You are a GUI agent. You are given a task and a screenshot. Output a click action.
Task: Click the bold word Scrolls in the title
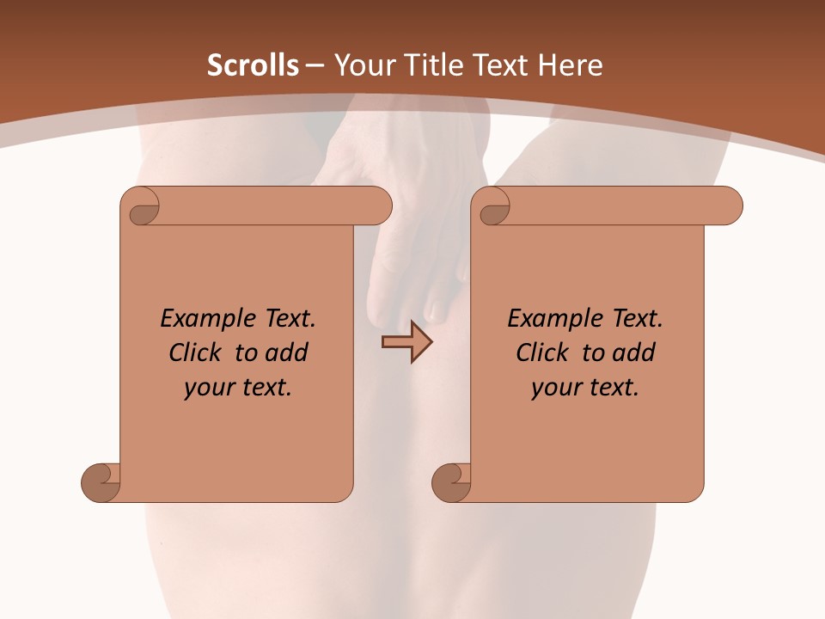click(x=254, y=65)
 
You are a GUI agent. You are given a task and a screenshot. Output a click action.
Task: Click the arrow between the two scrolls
click(x=406, y=342)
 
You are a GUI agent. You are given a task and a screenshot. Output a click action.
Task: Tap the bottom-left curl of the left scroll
click(x=101, y=481)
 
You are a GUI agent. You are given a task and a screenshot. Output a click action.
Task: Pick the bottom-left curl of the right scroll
click(x=450, y=481)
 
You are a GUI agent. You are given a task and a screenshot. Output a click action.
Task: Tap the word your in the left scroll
click(x=207, y=387)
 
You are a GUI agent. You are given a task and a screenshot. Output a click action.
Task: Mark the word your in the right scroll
click(x=554, y=387)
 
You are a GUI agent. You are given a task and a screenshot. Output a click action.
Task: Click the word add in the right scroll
click(x=633, y=352)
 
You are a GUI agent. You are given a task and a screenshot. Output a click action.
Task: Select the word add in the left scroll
click(x=286, y=352)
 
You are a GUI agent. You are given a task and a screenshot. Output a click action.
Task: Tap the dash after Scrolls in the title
click(x=315, y=65)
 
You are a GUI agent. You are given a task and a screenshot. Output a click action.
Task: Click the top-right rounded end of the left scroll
click(x=378, y=205)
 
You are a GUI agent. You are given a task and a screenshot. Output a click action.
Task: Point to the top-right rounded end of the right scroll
click(x=729, y=205)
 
